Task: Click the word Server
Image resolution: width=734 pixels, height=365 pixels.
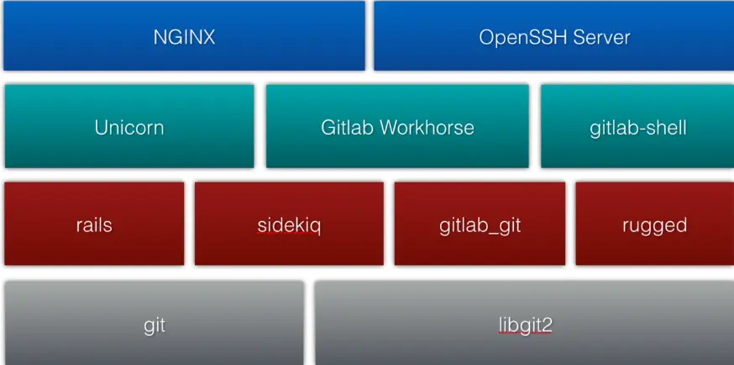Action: (x=599, y=37)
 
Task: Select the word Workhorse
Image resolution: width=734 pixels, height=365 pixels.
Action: (x=427, y=128)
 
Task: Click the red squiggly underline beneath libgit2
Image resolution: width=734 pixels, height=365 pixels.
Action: (x=525, y=333)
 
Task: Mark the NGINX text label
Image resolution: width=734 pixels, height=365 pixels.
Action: (x=184, y=37)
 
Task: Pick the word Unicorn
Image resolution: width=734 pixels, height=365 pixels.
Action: (x=128, y=128)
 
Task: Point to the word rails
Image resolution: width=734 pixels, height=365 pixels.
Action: (x=94, y=225)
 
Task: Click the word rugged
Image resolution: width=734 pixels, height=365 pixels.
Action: (x=654, y=226)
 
